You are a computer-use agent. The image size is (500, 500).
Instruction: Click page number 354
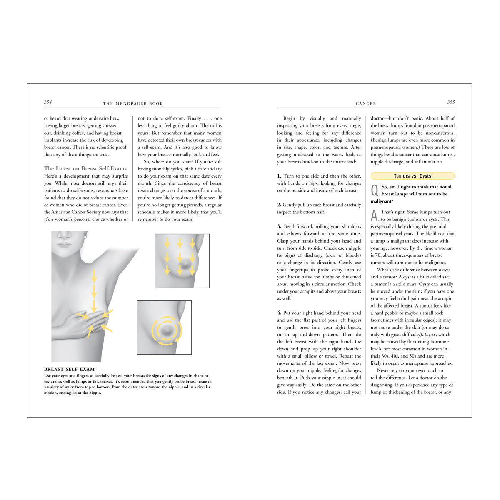click(48, 102)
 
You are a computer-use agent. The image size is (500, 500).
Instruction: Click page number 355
click(451, 102)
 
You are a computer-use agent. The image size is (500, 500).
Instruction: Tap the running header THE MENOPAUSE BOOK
click(133, 103)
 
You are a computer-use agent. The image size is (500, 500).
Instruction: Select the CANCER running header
click(366, 103)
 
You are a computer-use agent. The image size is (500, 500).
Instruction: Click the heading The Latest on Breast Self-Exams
click(85, 168)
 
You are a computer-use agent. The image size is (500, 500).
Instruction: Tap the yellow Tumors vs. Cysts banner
click(412, 176)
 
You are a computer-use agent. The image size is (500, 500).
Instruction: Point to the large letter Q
click(375, 190)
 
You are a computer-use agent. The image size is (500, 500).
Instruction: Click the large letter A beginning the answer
click(375, 215)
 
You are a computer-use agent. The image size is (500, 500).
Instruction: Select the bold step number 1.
click(279, 176)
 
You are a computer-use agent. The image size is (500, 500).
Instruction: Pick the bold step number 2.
click(279, 205)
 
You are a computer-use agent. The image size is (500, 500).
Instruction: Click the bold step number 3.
click(279, 226)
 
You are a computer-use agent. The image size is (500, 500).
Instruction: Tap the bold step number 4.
click(279, 312)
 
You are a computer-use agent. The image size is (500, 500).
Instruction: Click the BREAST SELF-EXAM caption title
click(69, 369)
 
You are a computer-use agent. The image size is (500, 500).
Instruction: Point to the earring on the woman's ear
click(85, 237)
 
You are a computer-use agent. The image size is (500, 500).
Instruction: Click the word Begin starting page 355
click(289, 118)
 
